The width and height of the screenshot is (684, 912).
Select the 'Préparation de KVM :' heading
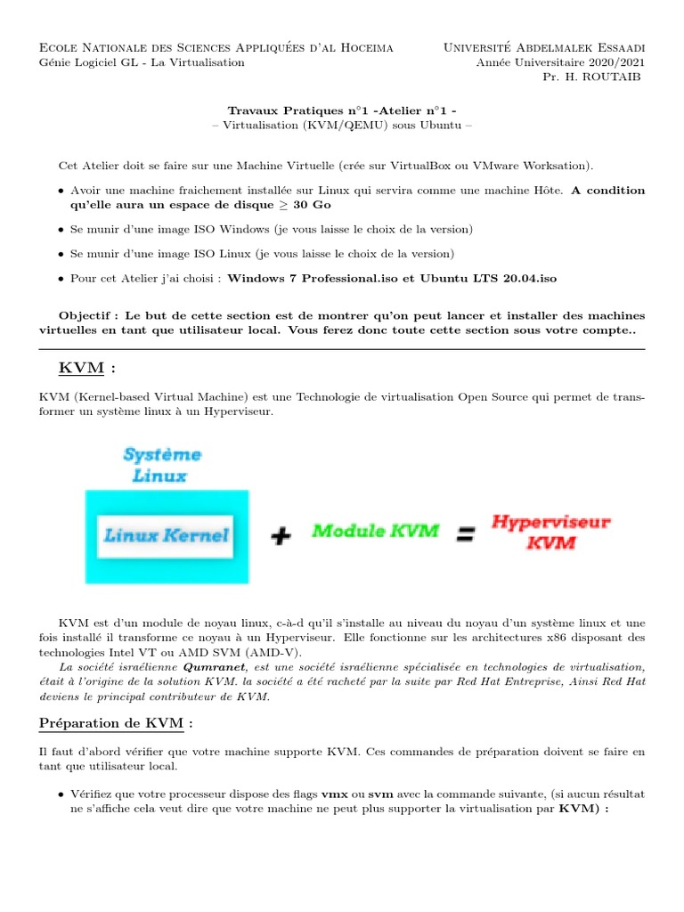coord(116,722)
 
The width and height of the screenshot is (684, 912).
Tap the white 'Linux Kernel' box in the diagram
coord(167,535)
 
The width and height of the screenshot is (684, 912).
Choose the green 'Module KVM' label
coord(375,531)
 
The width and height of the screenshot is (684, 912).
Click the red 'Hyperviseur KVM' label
coord(551,532)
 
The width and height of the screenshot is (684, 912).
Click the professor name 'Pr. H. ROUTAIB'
coord(594,77)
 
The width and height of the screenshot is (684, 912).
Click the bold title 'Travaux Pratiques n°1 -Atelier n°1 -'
coord(342,111)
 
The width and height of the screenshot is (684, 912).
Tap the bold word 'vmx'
coord(334,793)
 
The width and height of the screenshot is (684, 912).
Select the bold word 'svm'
coord(381,793)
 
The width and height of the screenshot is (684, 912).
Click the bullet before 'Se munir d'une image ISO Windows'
coord(61,230)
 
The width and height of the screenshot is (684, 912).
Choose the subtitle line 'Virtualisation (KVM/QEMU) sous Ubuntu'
coord(342,126)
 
